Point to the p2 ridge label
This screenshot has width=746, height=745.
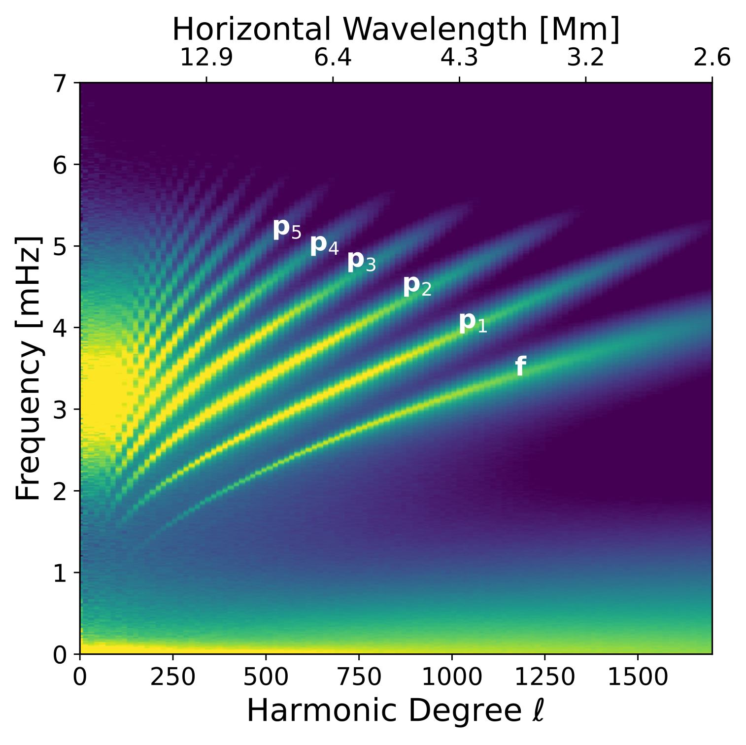(x=417, y=286)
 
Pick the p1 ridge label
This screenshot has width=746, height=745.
(x=473, y=323)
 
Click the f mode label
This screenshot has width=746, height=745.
(x=520, y=367)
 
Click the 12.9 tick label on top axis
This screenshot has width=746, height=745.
(x=206, y=58)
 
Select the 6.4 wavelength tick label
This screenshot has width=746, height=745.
(x=333, y=58)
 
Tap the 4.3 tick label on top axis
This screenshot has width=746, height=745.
(x=459, y=58)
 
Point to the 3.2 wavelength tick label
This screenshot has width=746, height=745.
(x=585, y=58)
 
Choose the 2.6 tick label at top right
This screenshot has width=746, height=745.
(x=712, y=58)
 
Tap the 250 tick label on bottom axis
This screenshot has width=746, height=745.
(x=172, y=677)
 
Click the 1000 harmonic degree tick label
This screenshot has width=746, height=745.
(x=452, y=677)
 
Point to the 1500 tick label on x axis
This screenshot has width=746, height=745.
(x=638, y=677)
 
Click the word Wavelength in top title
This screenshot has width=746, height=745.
(x=438, y=30)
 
